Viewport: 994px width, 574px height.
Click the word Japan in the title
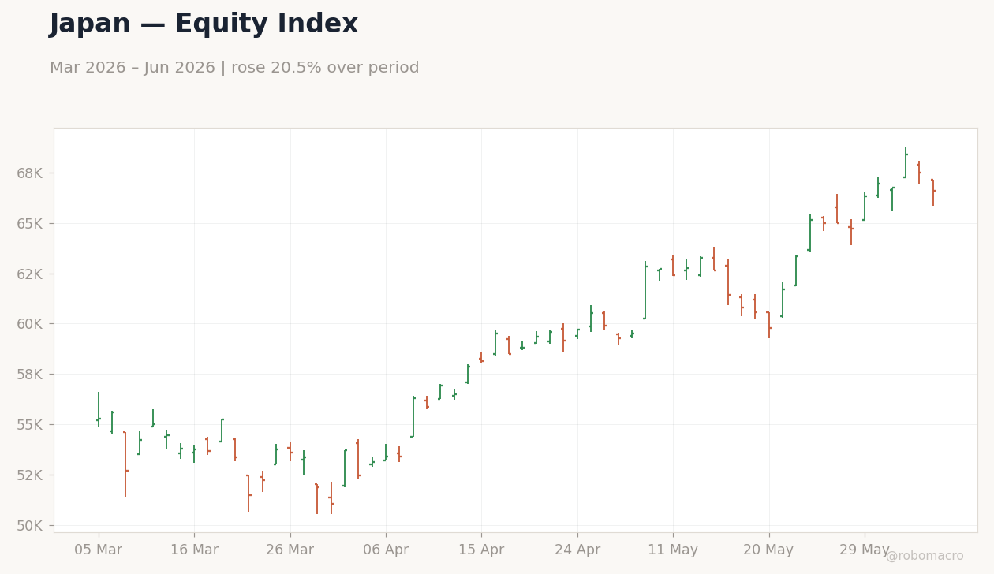(x=90, y=24)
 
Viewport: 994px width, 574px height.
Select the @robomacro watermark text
(x=925, y=556)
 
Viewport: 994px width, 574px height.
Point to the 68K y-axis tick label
(x=30, y=173)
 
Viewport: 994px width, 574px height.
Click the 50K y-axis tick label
(x=30, y=526)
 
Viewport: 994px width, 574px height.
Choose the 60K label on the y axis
(x=30, y=324)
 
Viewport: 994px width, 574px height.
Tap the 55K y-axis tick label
(x=30, y=425)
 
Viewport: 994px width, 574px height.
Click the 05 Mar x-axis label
(x=98, y=550)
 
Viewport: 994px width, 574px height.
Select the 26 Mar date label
(x=290, y=550)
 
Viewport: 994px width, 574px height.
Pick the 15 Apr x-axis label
(x=481, y=550)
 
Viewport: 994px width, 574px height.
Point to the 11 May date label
(x=673, y=550)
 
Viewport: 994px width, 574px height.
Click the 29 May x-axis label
(x=864, y=550)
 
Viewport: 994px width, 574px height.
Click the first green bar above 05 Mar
(x=99, y=409)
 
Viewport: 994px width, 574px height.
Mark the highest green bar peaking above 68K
(x=906, y=162)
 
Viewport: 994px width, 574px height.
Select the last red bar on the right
(x=933, y=192)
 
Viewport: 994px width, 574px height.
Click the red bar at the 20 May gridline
(x=769, y=325)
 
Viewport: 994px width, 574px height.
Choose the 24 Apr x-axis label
(x=577, y=550)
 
